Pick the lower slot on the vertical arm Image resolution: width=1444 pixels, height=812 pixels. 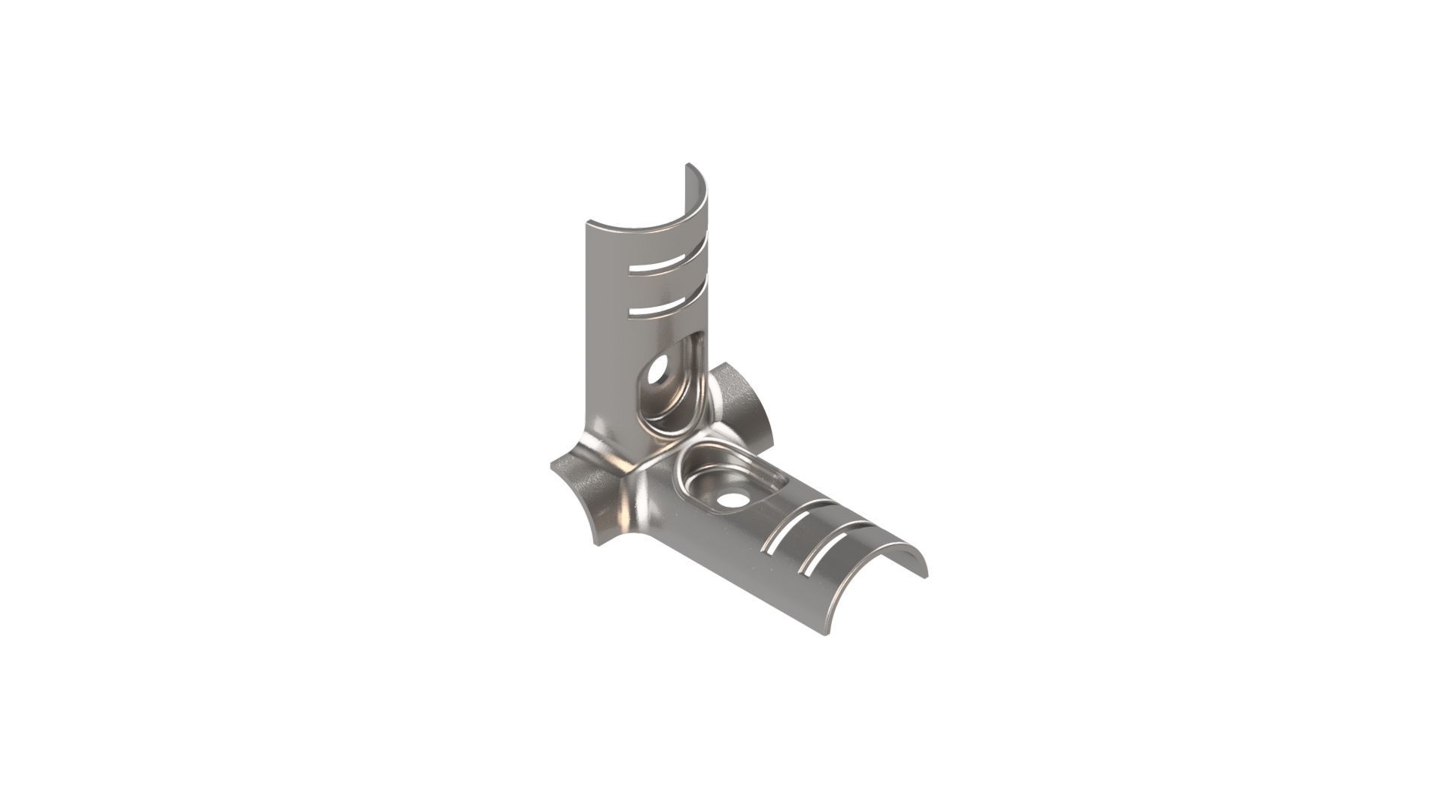[x=661, y=308]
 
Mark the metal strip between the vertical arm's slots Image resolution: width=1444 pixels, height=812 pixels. [x=661, y=286]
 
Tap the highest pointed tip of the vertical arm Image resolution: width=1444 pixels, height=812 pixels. [x=687, y=165]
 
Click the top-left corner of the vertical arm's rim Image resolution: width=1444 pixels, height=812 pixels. [x=587, y=222]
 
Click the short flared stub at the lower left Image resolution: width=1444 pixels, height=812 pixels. [x=587, y=496]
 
